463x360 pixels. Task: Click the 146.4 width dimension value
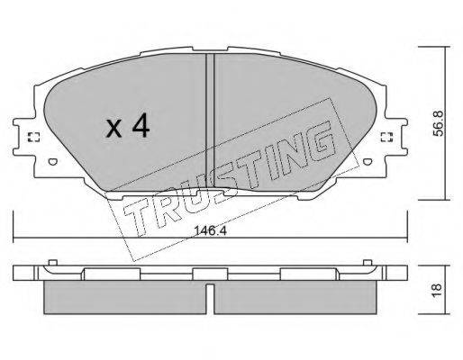tap(210, 231)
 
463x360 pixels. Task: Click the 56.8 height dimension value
tap(439, 123)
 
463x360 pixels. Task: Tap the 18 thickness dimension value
tap(439, 290)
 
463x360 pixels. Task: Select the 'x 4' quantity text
tap(128, 126)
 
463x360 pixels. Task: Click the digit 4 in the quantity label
tap(141, 126)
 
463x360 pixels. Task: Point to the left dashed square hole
tap(33, 137)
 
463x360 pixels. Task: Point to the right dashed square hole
tap(386, 137)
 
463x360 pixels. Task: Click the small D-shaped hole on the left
tap(52, 162)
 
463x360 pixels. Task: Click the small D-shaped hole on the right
tap(367, 162)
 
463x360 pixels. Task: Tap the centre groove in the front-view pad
tap(210, 120)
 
